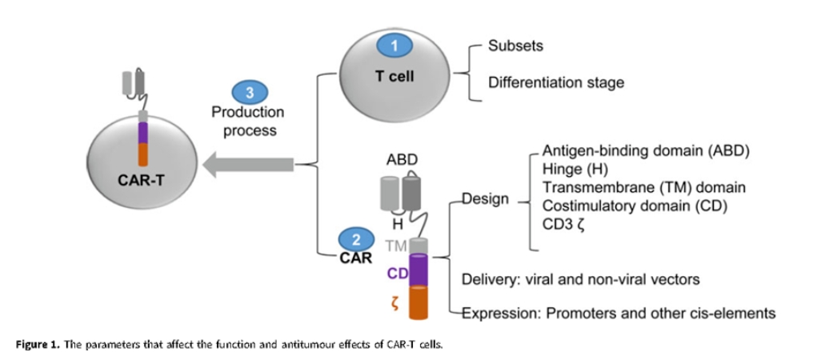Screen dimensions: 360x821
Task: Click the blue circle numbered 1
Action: click(x=394, y=46)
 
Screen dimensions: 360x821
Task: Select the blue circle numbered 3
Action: click(x=249, y=92)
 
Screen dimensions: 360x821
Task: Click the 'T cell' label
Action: click(x=394, y=77)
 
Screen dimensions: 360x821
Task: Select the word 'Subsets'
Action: click(x=515, y=46)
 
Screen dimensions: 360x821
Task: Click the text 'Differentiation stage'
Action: click(x=555, y=82)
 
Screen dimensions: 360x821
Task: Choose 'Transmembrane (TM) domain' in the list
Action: click(x=644, y=187)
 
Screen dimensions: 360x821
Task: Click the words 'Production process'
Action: click(x=248, y=121)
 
